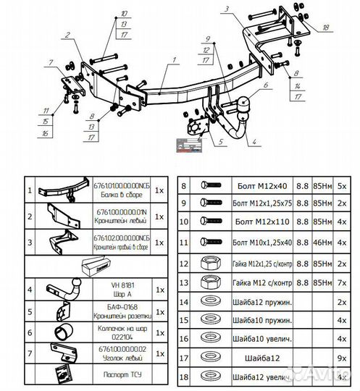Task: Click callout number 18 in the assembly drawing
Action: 325,27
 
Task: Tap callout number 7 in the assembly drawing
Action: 52,62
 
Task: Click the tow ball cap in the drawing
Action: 240,104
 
